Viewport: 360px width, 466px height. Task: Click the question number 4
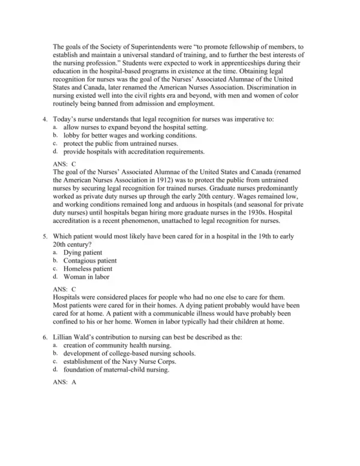click(46, 120)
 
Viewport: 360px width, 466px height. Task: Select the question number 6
click(46, 337)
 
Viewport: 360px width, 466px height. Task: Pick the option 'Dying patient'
click(82, 253)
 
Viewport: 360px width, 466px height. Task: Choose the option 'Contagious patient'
click(90, 261)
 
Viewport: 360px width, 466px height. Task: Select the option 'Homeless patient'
click(88, 268)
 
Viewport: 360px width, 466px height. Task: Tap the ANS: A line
click(65, 383)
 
